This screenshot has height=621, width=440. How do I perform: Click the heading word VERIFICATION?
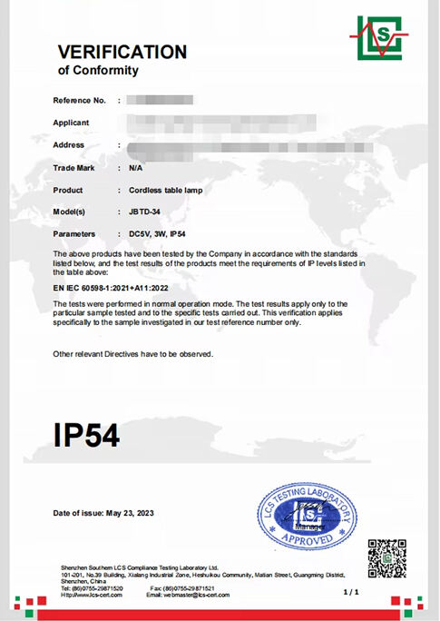tap(122, 52)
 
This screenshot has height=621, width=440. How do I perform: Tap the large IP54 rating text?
tap(86, 434)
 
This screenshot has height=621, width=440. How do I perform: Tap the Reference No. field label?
tap(80, 99)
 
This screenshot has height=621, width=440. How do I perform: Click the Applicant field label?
tap(72, 122)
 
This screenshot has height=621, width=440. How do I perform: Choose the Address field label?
tap(69, 144)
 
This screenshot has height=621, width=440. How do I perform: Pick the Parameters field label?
tap(74, 233)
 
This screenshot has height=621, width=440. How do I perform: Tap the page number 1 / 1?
tap(352, 592)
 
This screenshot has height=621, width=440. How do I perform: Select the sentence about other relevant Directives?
tap(132, 353)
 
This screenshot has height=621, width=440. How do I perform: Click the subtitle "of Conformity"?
tap(98, 71)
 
